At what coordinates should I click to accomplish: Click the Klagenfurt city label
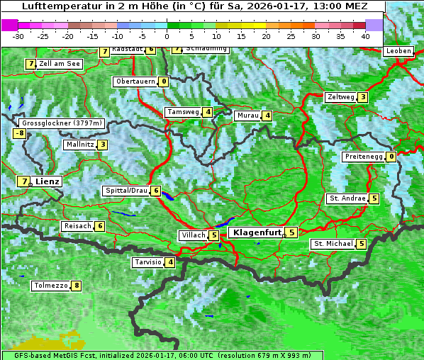(257, 232)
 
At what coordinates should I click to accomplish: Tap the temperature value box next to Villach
(214, 235)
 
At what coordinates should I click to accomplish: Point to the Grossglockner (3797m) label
(63, 123)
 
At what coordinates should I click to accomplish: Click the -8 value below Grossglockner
(20, 133)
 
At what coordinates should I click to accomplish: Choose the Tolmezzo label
(50, 286)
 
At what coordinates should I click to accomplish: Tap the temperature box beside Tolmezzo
(76, 286)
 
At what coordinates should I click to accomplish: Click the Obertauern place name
(135, 81)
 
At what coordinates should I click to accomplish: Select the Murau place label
(247, 116)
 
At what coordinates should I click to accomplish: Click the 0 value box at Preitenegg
(391, 157)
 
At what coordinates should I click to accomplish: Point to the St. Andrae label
(347, 198)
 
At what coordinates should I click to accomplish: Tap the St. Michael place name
(333, 244)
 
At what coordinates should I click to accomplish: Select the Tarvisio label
(147, 262)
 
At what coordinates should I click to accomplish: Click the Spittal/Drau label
(126, 191)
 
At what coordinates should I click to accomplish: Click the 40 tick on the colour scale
(365, 35)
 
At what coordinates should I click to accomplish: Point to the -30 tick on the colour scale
(18, 35)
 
